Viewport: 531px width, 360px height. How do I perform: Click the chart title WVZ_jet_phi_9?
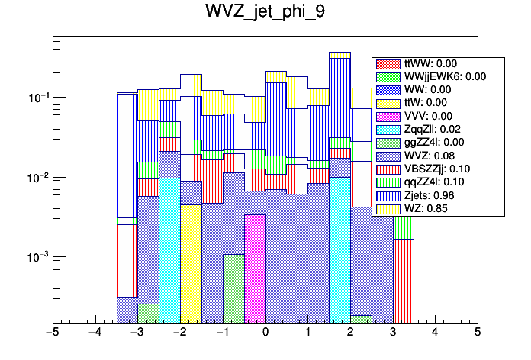pyautogui.click(x=265, y=13)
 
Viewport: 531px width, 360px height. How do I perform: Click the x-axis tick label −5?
pyautogui.click(x=53, y=333)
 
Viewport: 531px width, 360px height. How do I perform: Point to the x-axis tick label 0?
pyautogui.click(x=265, y=333)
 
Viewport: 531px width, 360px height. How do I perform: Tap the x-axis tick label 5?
pyautogui.click(x=477, y=333)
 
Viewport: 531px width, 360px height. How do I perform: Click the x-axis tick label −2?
pyautogui.click(x=180, y=333)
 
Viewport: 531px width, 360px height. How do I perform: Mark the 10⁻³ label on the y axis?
pyautogui.click(x=36, y=258)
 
